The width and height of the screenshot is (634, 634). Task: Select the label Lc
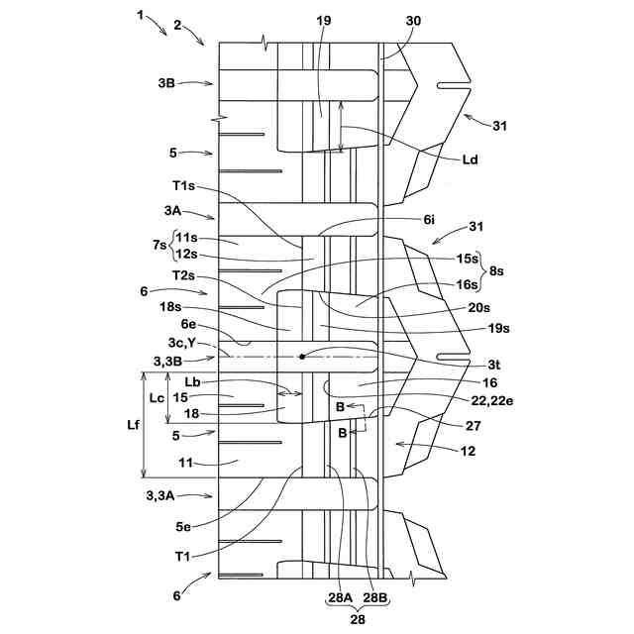155,397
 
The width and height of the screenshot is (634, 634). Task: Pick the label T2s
183,274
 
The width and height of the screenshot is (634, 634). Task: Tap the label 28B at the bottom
376,597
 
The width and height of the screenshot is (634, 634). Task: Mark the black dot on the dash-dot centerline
302,356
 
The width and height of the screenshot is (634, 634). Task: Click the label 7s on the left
160,245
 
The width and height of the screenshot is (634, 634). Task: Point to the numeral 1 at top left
142,15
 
